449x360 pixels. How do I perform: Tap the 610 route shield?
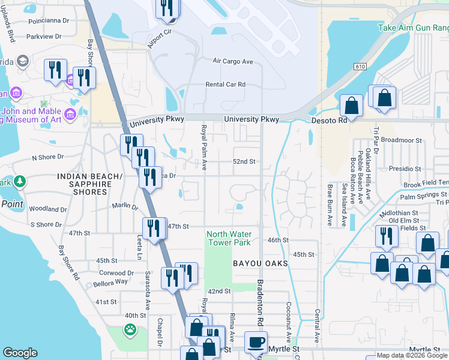[x=360, y=66]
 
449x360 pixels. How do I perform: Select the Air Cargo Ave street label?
[x=233, y=61]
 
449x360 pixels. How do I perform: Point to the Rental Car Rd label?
[x=226, y=85]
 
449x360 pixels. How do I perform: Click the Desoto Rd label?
[x=329, y=120]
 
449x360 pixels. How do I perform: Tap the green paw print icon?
[x=130, y=329]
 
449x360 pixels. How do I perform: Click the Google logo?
[x=20, y=353]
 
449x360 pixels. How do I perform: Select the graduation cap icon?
[x=23, y=61]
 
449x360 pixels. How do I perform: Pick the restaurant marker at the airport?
[x=167, y=8]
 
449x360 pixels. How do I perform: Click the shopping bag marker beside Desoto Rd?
[x=352, y=106]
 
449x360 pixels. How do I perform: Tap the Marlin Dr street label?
[x=125, y=206]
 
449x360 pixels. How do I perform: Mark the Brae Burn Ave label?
[x=330, y=205]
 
